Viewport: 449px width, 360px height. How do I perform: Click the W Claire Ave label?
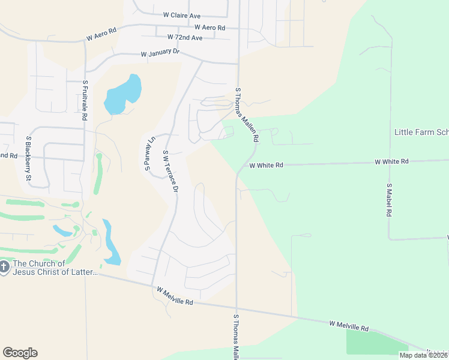[x=181, y=15]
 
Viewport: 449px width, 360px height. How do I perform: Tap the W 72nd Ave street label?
[x=185, y=37]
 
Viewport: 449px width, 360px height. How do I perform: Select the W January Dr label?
[x=160, y=53]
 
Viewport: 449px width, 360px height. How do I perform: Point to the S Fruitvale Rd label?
[x=85, y=100]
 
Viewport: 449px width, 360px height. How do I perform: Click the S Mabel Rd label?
[x=389, y=200]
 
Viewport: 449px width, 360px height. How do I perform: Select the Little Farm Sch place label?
[x=421, y=132]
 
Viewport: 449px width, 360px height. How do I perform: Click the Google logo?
[x=20, y=353]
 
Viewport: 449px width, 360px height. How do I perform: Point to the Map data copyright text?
[x=423, y=355]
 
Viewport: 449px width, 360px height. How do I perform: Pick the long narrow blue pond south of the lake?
[x=110, y=242]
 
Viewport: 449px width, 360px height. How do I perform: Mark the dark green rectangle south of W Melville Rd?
[x=369, y=342]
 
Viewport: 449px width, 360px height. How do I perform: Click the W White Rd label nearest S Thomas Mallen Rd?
[x=266, y=165]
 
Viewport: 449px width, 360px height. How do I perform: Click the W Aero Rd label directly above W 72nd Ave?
[x=209, y=28]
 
